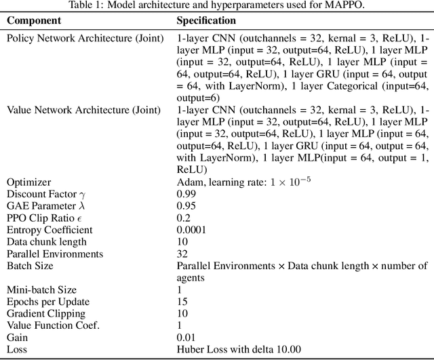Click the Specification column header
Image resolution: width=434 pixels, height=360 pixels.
coord(206,21)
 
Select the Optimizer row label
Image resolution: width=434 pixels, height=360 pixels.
coord(28,182)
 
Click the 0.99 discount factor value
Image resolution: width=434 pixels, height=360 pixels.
coord(187,194)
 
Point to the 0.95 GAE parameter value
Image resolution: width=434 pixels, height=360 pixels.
coord(187,205)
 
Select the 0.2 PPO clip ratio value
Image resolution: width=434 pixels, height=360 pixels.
coord(184,218)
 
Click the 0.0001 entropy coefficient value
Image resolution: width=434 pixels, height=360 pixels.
coord(192,230)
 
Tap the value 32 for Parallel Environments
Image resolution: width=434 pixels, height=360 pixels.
coord(182,254)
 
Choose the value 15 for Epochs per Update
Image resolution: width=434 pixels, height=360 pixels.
coord(182,302)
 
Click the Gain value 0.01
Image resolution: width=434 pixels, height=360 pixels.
coord(187,337)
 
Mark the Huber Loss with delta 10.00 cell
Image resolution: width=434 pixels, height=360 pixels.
coord(239,349)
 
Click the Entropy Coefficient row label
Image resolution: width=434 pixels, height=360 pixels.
coord(50,230)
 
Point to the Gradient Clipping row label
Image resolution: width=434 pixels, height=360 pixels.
coord(46,313)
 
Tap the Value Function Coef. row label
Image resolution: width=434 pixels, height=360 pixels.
coord(53,325)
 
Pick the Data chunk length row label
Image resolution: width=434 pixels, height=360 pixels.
coord(47,242)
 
